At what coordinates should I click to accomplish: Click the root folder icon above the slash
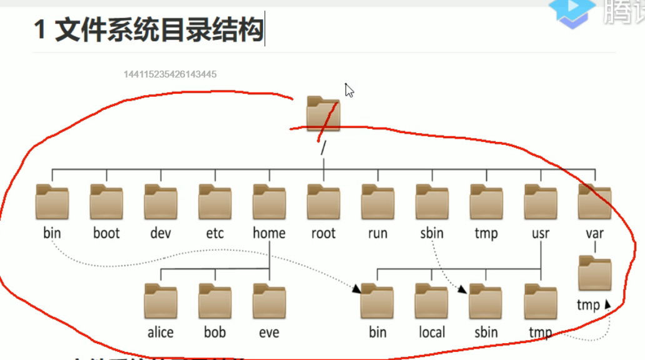pyautogui.click(x=323, y=113)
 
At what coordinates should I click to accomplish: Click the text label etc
pyautogui.click(x=215, y=234)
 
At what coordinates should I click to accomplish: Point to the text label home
pyautogui.click(x=269, y=234)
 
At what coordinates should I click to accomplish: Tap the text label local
pyautogui.click(x=431, y=332)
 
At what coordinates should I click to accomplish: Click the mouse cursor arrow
pyautogui.click(x=349, y=90)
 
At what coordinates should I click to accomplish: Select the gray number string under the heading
pyautogui.click(x=170, y=74)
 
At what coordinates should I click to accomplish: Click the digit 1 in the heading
pyautogui.click(x=41, y=30)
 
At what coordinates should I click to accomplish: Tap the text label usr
pyautogui.click(x=541, y=234)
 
